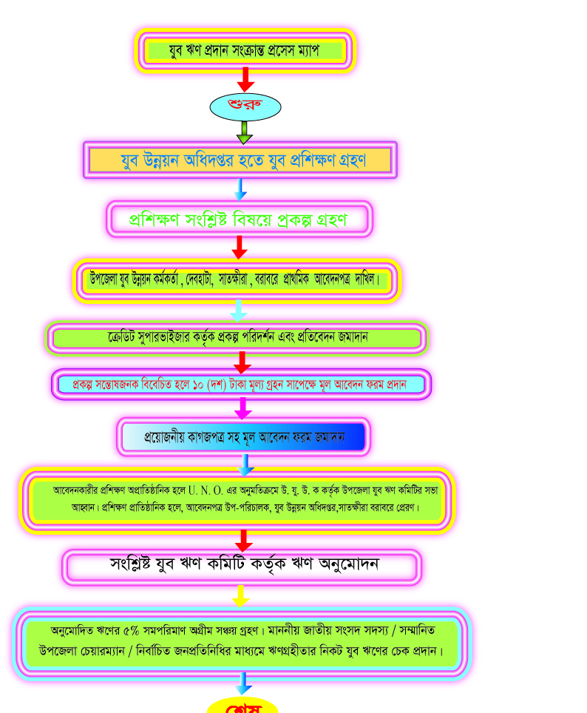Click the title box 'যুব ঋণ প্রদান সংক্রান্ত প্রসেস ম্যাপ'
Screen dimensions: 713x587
click(x=245, y=51)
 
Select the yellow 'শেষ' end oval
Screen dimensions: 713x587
click(x=242, y=706)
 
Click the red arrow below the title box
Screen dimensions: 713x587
click(x=245, y=79)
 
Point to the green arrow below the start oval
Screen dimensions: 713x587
click(x=245, y=132)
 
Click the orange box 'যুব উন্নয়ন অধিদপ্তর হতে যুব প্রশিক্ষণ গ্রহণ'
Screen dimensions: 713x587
click(x=240, y=160)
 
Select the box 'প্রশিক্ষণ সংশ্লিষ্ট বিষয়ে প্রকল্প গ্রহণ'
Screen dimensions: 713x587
click(x=238, y=220)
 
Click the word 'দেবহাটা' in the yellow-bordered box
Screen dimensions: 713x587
click(x=197, y=280)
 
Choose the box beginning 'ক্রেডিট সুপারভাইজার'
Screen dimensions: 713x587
click(x=237, y=337)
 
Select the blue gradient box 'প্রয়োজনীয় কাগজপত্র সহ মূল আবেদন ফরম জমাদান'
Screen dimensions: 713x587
click(x=244, y=436)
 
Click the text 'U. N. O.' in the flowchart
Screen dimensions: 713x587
click(x=206, y=490)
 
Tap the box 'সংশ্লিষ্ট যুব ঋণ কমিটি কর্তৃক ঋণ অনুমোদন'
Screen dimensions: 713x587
click(x=242, y=566)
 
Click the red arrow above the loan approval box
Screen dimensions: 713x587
click(x=243, y=540)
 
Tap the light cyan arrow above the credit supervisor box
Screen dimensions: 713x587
click(x=238, y=311)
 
